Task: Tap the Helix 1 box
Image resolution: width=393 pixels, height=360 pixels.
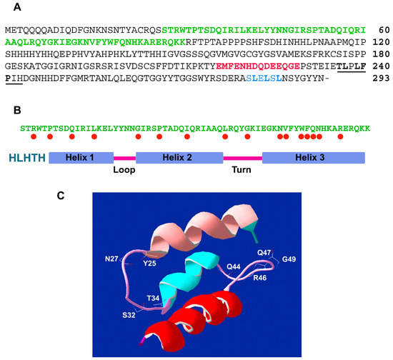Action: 81,157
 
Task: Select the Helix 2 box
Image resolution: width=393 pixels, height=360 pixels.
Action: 179,157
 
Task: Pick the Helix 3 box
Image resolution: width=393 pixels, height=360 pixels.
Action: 313,157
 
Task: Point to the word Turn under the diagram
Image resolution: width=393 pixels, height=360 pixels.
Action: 242,171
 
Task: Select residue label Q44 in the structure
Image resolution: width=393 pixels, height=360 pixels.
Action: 234,266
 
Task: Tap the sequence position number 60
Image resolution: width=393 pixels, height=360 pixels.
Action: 379,31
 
